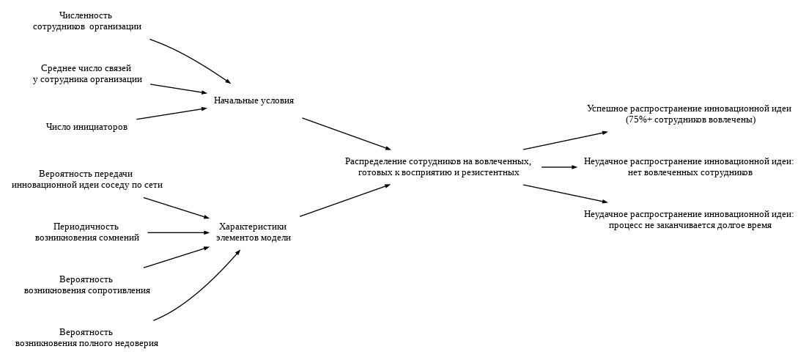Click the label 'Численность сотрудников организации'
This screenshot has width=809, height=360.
86,21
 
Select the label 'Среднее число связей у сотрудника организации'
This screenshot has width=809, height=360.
86,73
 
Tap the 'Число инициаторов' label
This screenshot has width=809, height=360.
86,127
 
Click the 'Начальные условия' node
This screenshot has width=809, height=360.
254,100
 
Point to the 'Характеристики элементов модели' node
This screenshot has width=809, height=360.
253,232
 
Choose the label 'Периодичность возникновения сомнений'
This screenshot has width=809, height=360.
86,232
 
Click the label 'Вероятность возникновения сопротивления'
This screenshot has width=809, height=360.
86,284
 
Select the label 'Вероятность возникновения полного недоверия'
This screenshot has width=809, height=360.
86,337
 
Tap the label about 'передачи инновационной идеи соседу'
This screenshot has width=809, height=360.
86,180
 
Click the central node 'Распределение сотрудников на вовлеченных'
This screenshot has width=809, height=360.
438,166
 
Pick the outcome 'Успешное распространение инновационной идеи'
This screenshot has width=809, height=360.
689,114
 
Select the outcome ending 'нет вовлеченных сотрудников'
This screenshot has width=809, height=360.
689,166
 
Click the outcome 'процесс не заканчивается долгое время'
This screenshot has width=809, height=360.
689,220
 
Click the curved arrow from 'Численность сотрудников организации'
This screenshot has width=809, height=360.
192,58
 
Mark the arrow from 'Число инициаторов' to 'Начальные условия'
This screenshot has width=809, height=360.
171,114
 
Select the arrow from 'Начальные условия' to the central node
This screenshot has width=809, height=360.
346,133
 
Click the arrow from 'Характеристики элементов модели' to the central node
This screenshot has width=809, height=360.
344,200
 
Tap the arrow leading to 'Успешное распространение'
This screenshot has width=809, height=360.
565,141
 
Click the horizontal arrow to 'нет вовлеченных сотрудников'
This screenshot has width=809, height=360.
559,167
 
